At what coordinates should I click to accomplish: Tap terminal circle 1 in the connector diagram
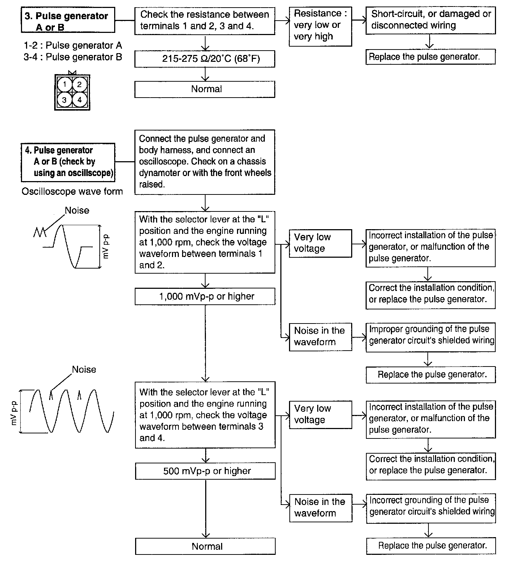tap(65, 85)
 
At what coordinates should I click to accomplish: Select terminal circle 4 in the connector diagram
tap(79, 100)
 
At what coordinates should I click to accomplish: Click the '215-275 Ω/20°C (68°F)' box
tap(204, 59)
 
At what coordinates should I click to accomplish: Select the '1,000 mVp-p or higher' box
tap(205, 297)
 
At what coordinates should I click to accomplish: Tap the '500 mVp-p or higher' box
tap(205, 471)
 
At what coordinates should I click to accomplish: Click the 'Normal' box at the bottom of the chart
tap(205, 546)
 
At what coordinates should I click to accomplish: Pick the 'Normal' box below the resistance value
tap(204, 89)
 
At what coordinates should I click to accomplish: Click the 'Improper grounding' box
tap(430, 337)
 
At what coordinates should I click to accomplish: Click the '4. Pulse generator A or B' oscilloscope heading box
tap(68, 162)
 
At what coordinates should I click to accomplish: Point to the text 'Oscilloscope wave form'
tap(72, 192)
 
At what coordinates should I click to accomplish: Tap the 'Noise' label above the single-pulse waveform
tap(77, 210)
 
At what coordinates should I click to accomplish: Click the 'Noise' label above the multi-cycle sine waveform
tap(84, 369)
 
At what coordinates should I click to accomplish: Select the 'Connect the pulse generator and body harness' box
tap(205, 162)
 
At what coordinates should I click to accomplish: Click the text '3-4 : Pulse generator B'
tap(73, 57)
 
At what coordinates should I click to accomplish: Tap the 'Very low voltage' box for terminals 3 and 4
tap(320, 414)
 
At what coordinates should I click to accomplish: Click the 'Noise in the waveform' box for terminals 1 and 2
tap(320, 337)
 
